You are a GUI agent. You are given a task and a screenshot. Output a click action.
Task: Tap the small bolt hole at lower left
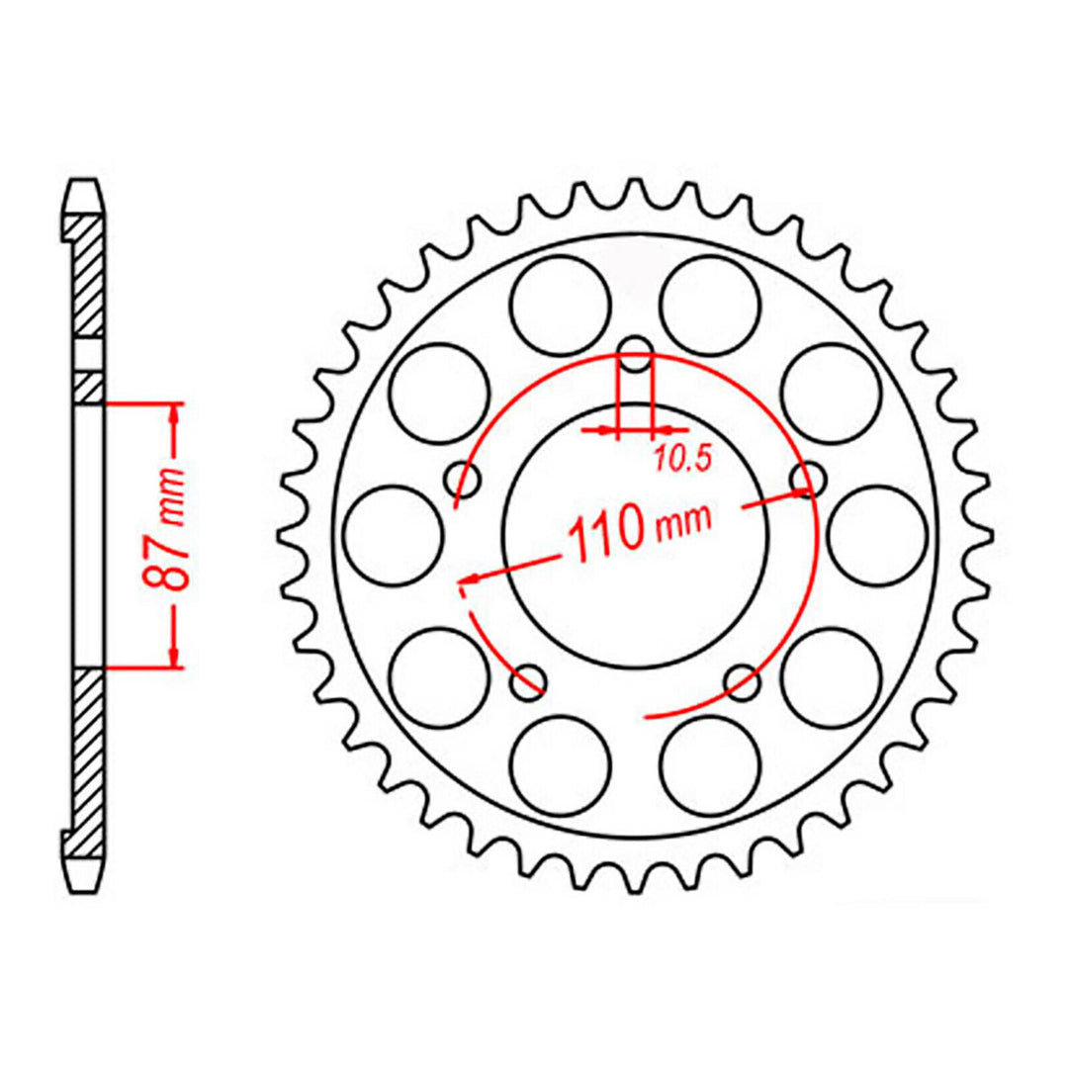[x=530, y=679]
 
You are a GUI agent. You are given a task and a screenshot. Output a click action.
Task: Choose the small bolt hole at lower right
[x=741, y=679]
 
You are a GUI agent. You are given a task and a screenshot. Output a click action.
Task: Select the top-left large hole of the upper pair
[x=561, y=305]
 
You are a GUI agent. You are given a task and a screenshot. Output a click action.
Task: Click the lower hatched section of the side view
[x=87, y=752]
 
